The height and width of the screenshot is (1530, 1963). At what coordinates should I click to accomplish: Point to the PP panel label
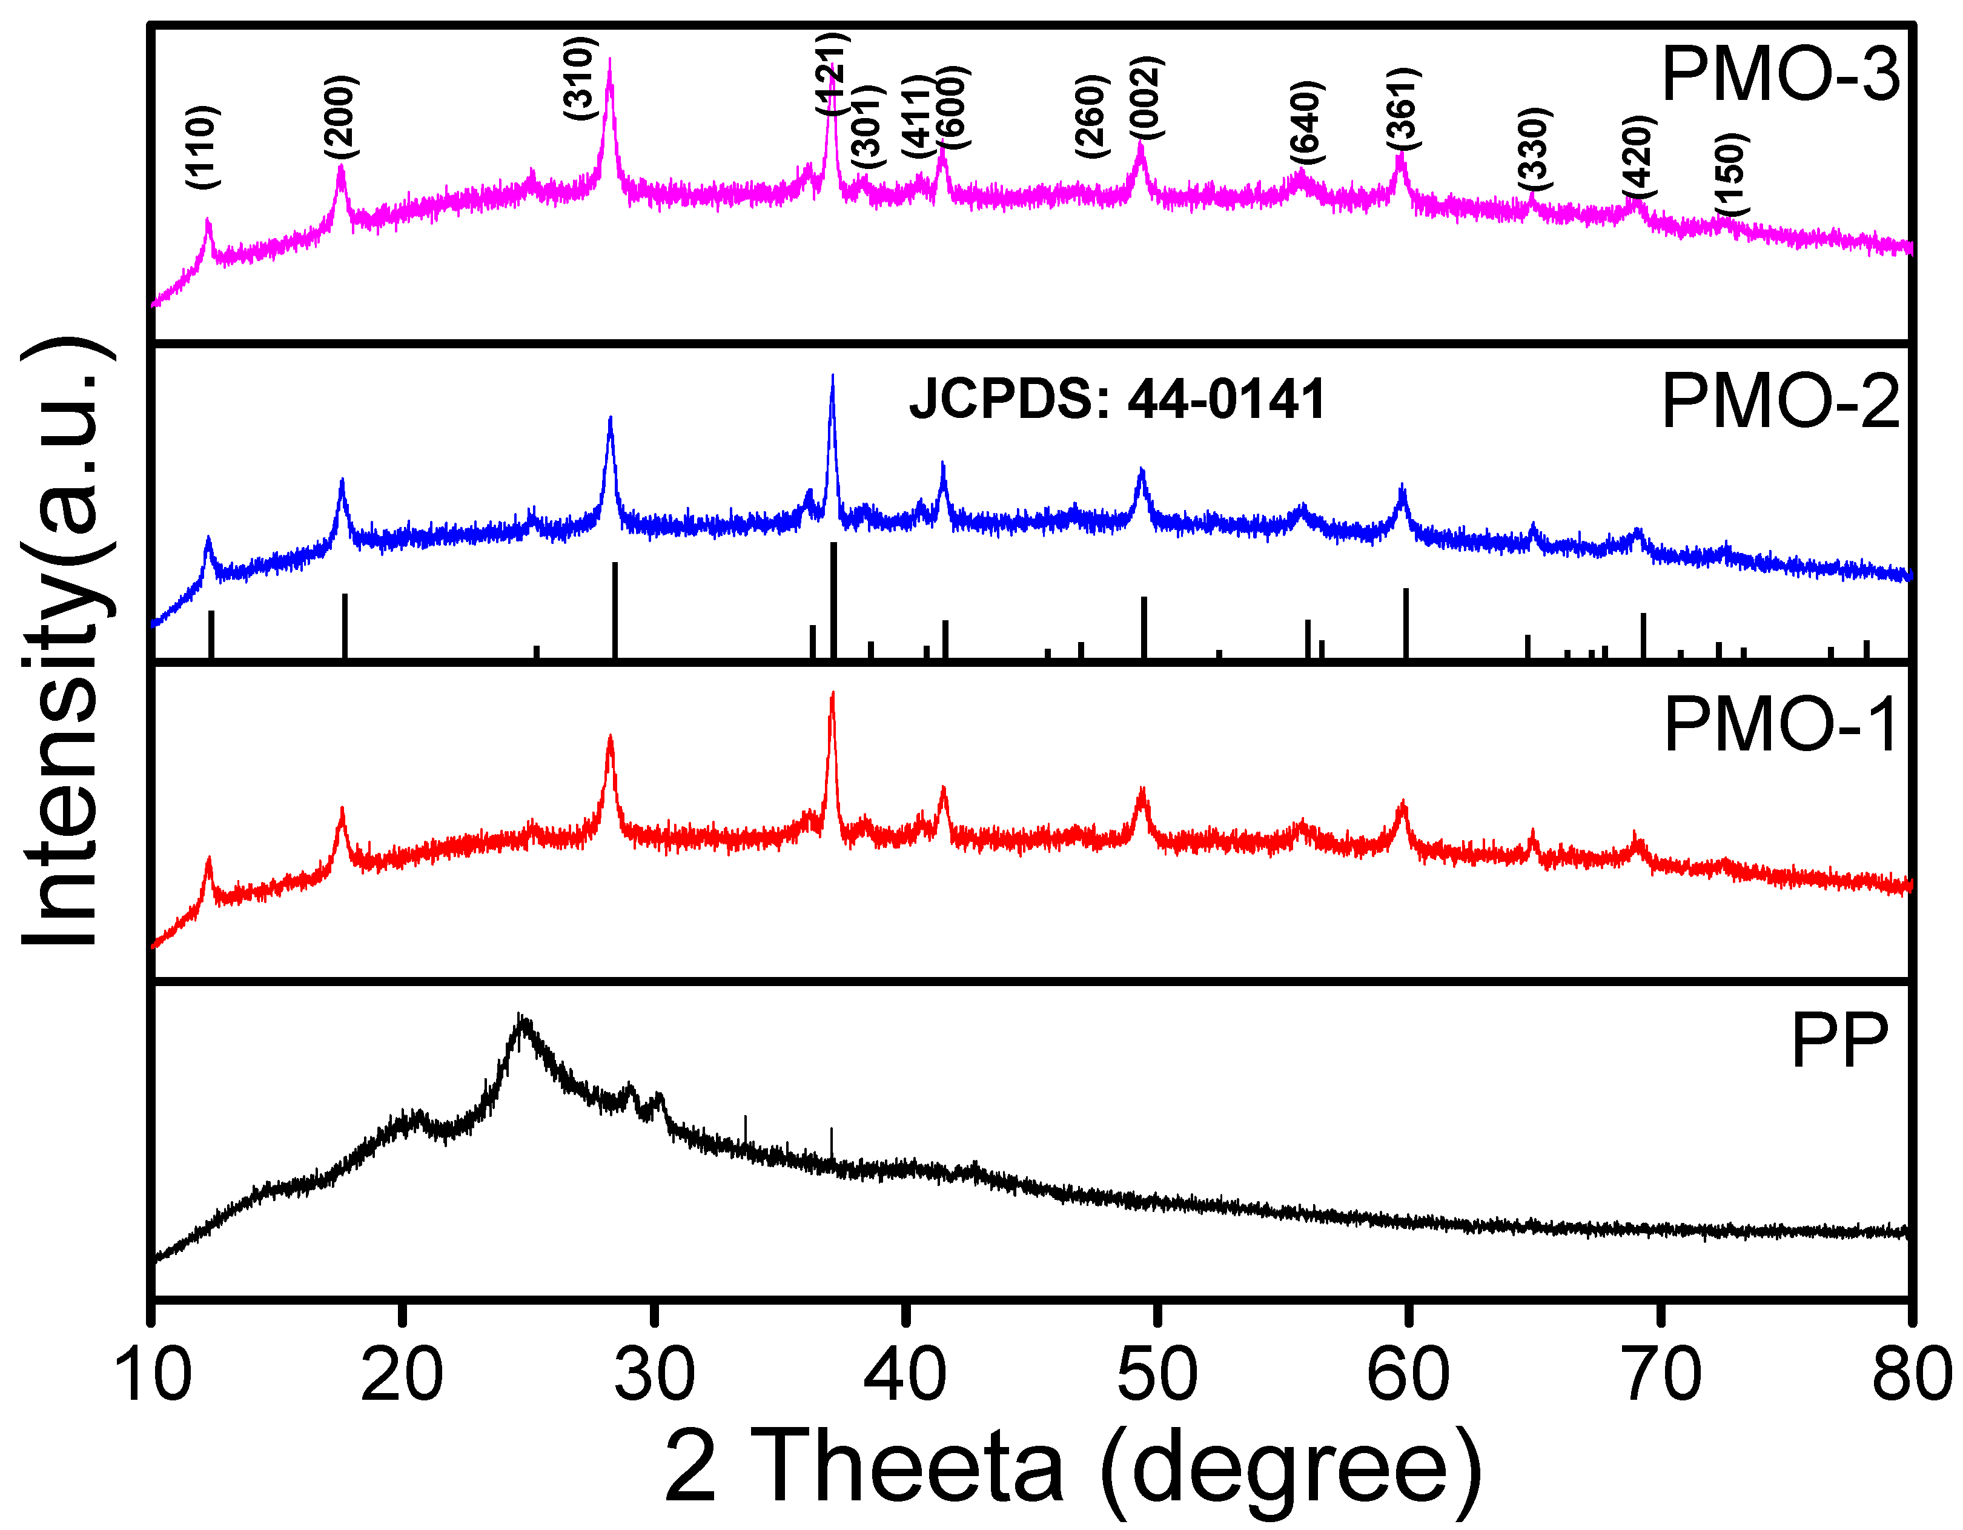[x=1839, y=1042]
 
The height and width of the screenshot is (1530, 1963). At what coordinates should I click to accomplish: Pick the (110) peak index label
[x=203, y=147]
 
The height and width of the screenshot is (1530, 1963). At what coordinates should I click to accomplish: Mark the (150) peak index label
[x=1730, y=175]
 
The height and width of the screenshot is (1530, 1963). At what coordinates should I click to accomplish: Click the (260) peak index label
[x=1092, y=117]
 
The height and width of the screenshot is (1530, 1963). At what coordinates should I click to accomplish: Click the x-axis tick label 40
[x=905, y=1374]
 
